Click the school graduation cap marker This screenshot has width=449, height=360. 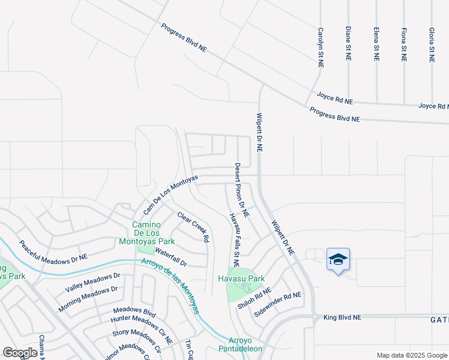[338, 260]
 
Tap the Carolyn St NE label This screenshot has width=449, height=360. [321, 47]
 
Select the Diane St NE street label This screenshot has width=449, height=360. [348, 43]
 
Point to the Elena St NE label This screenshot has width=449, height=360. [376, 44]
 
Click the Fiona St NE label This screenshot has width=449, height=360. [404, 44]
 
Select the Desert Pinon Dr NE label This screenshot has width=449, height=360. [242, 190]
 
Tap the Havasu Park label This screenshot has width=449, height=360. [249, 279]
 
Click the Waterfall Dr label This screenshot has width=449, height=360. [171, 257]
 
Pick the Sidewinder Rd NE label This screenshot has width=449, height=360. [277, 305]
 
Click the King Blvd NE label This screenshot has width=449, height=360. [342, 317]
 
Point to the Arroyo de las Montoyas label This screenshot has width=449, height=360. [170, 286]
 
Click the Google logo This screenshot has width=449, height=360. [20, 353]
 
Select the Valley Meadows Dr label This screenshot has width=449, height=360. [93, 282]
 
